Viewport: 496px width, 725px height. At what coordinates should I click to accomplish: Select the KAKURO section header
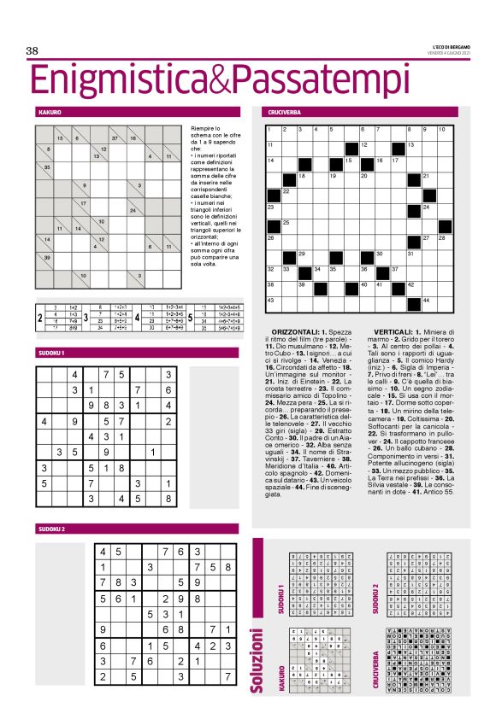[x=50, y=112]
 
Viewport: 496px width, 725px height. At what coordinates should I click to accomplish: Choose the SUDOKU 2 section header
[x=52, y=529]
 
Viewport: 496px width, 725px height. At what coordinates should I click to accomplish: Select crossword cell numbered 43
[x=275, y=301]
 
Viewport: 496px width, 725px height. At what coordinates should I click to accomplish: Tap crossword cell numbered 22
[x=289, y=193]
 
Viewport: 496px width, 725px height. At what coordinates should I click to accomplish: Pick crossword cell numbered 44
[x=429, y=301]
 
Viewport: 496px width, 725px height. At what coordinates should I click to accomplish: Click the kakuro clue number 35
[x=48, y=167]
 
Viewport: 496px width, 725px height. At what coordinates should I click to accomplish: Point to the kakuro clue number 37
[x=115, y=138]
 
